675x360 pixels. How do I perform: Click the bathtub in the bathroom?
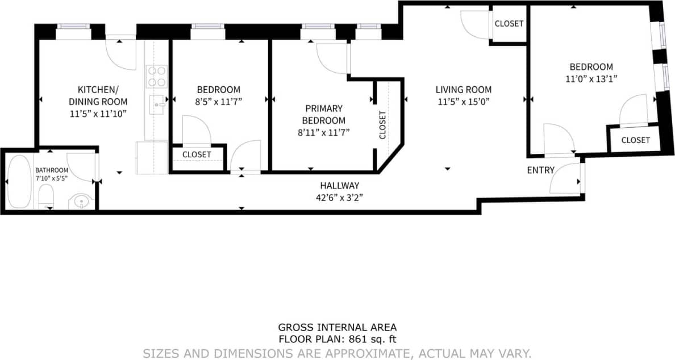point(20,181)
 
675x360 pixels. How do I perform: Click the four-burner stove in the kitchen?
point(157,77)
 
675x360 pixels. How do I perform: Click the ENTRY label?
point(540,170)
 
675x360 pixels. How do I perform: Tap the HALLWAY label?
point(340,186)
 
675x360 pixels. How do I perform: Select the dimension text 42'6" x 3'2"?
point(340,197)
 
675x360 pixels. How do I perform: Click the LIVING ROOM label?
point(463,90)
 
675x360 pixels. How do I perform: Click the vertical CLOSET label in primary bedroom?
point(382,125)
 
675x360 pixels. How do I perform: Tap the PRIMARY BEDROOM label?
point(323,114)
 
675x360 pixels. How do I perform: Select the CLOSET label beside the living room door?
point(509,24)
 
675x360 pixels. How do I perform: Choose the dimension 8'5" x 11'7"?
point(219,102)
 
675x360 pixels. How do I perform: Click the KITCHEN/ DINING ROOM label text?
point(102,95)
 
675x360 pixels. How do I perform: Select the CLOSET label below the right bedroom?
point(635,140)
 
